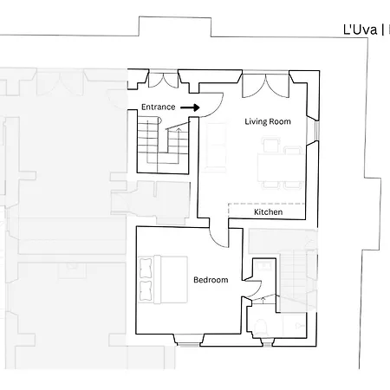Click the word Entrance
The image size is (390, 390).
[159, 107]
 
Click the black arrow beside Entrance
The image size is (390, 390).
[190, 107]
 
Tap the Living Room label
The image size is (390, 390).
[268, 121]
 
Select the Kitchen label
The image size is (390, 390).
[269, 212]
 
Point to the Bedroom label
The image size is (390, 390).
[211, 280]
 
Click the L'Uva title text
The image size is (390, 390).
[361, 29]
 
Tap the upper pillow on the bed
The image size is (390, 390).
[146, 268]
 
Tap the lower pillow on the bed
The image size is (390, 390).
[146, 290]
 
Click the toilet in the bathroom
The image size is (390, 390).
[261, 327]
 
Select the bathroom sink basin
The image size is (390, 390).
[264, 265]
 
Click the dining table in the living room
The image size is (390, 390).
[280, 167]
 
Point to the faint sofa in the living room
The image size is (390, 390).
[216, 145]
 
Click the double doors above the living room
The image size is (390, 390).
[265, 86]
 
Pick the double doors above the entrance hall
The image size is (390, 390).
[163, 81]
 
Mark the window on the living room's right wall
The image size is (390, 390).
[316, 131]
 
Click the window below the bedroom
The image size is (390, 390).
[188, 344]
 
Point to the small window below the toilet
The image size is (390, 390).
[268, 344]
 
